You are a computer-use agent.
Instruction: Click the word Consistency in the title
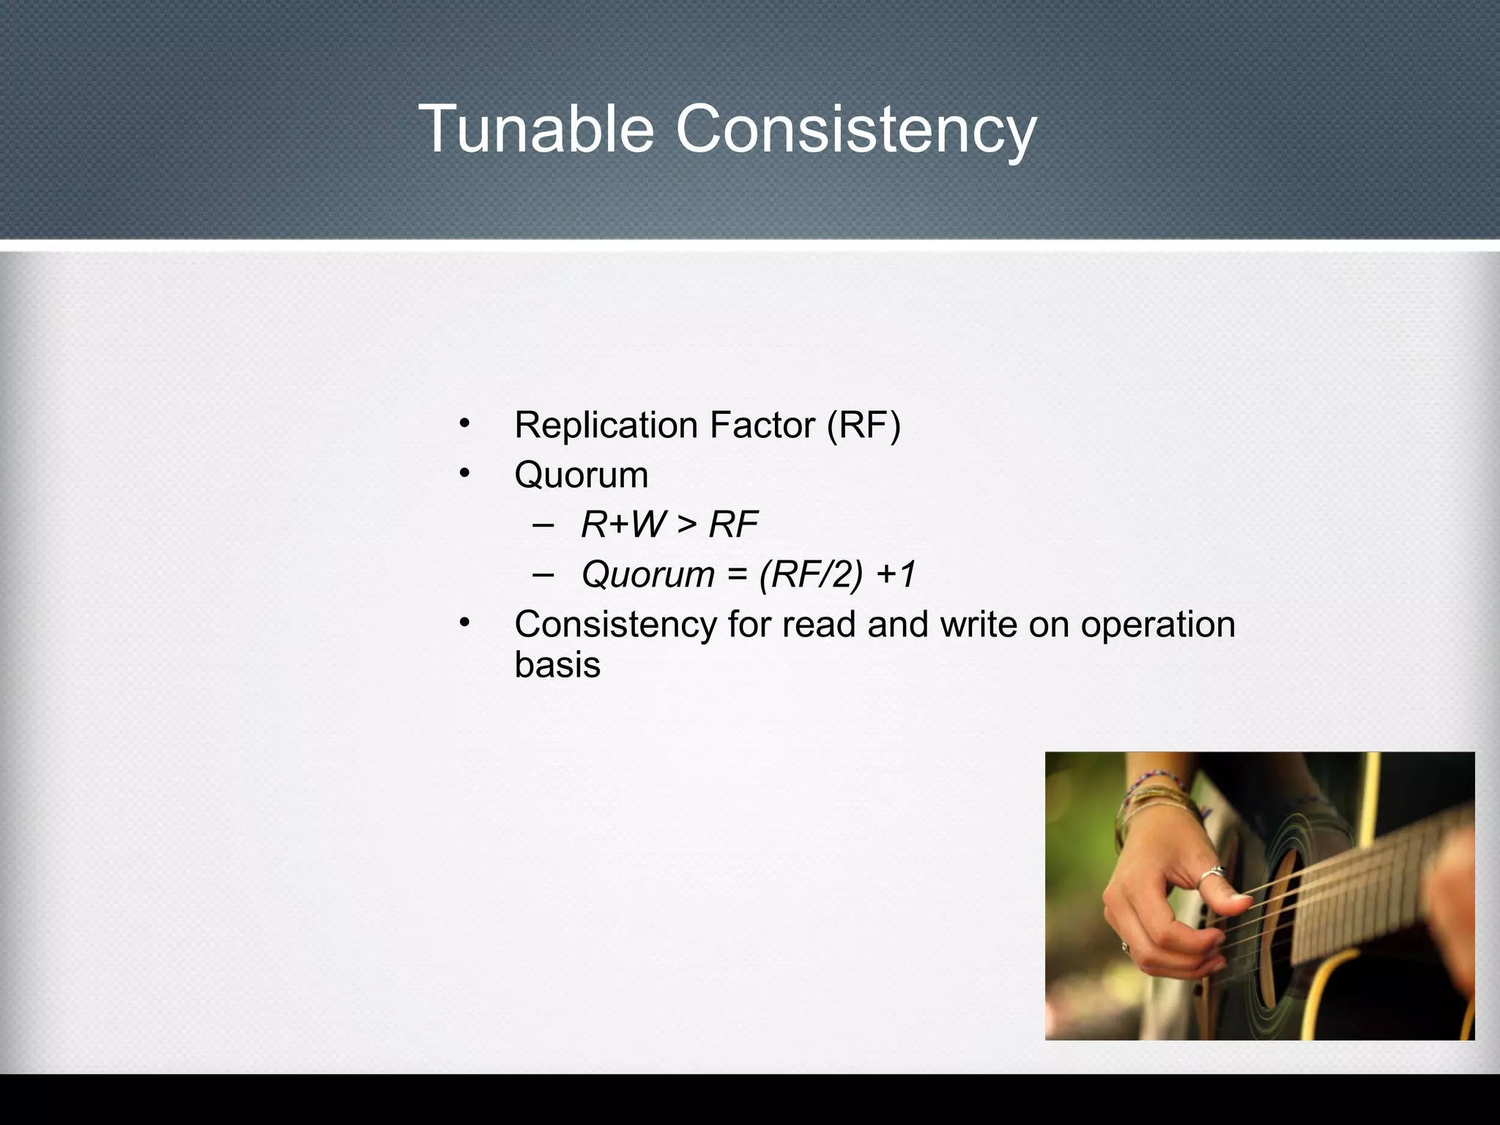point(855,130)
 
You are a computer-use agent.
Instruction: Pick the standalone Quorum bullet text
point(581,475)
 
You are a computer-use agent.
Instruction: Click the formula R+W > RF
point(669,524)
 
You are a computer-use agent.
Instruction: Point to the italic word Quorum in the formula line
point(647,574)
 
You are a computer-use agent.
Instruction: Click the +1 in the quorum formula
point(896,574)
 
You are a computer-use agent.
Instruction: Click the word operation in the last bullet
point(1157,625)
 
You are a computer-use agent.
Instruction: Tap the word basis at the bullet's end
point(557,665)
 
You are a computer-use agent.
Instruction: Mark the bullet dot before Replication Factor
point(464,423)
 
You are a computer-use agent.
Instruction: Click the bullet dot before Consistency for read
point(464,623)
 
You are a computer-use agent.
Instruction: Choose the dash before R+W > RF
point(543,525)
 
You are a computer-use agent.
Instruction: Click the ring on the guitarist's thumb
point(1212,873)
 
